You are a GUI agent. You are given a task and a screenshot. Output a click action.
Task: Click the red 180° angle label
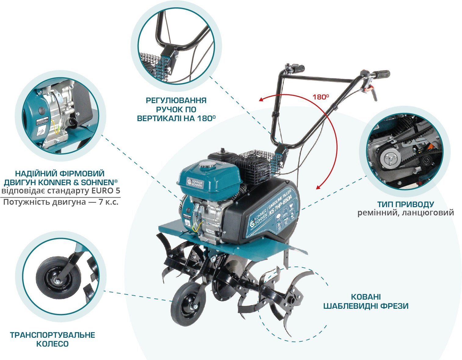point(320,97)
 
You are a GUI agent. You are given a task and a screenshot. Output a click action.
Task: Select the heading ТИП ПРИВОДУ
point(405,204)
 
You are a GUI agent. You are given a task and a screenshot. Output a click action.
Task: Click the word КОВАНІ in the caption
point(366,297)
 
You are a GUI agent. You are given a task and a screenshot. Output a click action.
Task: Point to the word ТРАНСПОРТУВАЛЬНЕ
point(52,335)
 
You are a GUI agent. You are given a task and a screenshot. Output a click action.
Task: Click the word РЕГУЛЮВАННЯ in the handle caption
point(176,100)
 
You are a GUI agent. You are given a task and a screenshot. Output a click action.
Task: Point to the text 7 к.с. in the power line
point(108,202)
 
